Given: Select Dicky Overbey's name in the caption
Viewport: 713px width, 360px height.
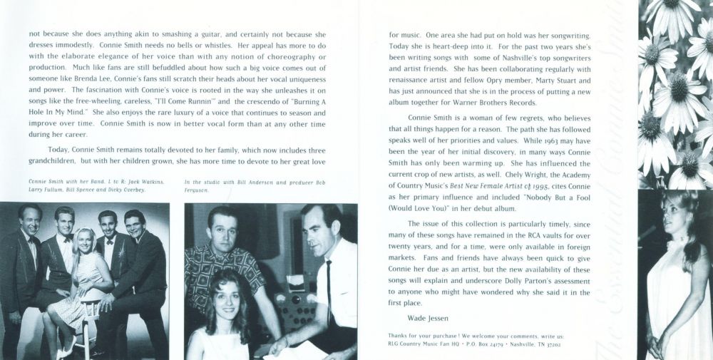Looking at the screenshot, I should pyautogui.click(x=131, y=190).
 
